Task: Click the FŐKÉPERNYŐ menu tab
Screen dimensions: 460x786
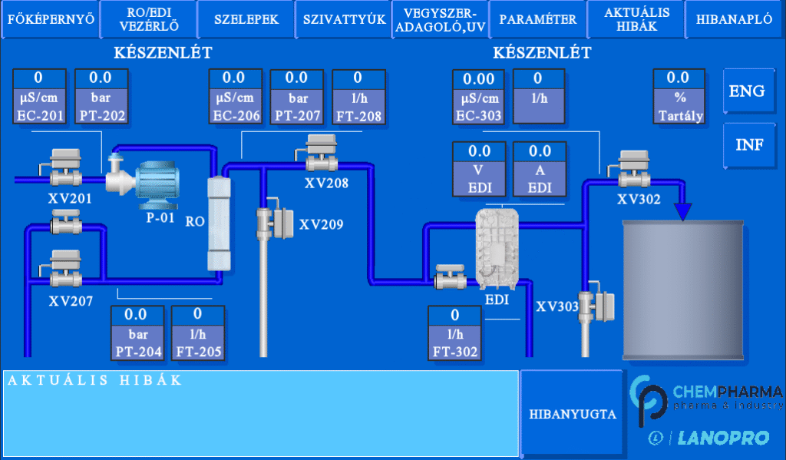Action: tap(51, 20)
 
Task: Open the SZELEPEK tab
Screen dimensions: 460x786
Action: tap(246, 20)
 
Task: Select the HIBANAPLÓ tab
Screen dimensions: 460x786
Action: tap(735, 20)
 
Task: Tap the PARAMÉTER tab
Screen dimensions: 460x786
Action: tap(537, 20)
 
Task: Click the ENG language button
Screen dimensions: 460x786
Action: tap(746, 91)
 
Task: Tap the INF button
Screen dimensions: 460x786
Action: tap(746, 144)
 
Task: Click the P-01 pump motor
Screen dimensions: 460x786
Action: tap(157, 184)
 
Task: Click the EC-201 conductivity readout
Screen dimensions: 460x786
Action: tap(39, 97)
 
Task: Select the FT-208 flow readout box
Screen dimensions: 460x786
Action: tap(358, 97)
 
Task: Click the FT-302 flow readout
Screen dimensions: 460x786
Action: tap(455, 333)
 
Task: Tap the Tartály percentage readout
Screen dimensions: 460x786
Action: tap(679, 97)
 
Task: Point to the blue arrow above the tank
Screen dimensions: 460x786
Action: tap(683, 210)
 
